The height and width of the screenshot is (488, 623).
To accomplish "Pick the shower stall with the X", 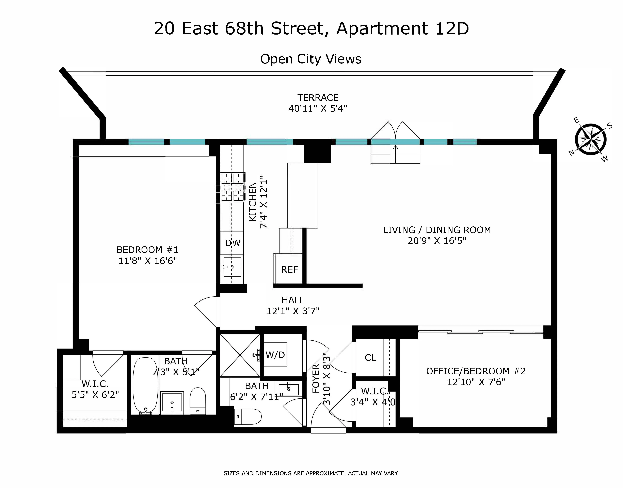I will [240, 355].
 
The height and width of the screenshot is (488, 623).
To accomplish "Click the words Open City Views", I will [311, 59].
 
